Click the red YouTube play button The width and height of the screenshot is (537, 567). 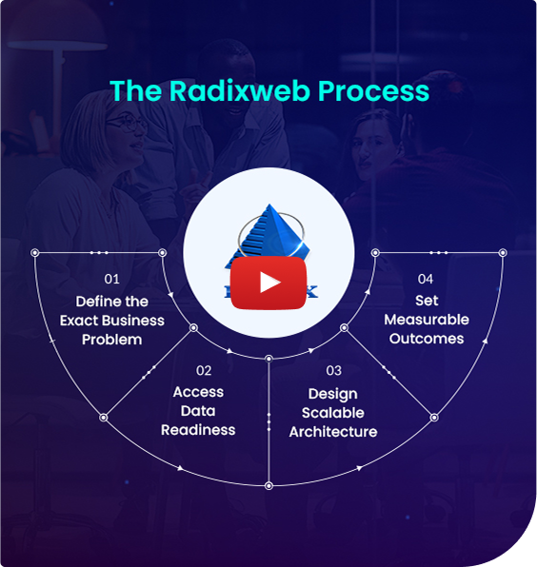click(x=269, y=283)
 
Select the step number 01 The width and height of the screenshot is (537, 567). click(x=112, y=280)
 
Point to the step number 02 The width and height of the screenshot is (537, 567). click(x=205, y=370)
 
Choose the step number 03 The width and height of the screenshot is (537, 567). click(x=333, y=370)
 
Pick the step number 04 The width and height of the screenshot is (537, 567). click(x=426, y=279)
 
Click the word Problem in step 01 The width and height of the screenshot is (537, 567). click(x=112, y=340)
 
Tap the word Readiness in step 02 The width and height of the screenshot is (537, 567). click(x=198, y=430)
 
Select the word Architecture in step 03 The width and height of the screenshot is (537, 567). click(x=333, y=431)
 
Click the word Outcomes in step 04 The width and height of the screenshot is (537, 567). click(x=427, y=339)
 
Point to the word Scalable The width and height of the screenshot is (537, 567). click(x=333, y=413)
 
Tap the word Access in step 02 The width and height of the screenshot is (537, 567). click(x=198, y=392)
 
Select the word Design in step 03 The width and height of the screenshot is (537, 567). click(x=333, y=394)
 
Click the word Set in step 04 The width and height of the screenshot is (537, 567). click(x=427, y=301)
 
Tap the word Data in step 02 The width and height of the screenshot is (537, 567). click(x=198, y=411)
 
